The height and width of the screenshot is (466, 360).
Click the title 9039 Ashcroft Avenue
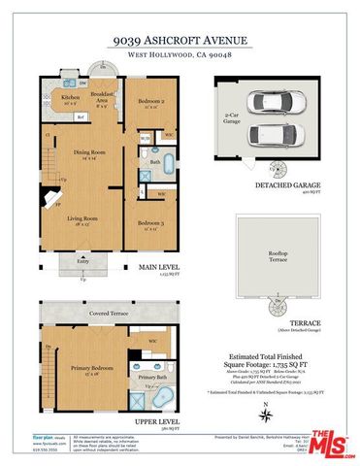pyautogui.click(x=180, y=42)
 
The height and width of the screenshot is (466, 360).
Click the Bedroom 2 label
pyautogui.click(x=149, y=104)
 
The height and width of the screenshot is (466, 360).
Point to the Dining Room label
pyautogui.click(x=89, y=153)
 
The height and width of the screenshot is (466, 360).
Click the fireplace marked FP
pyautogui.click(x=57, y=207)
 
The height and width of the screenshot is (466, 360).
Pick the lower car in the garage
pyautogui.click(x=280, y=133)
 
